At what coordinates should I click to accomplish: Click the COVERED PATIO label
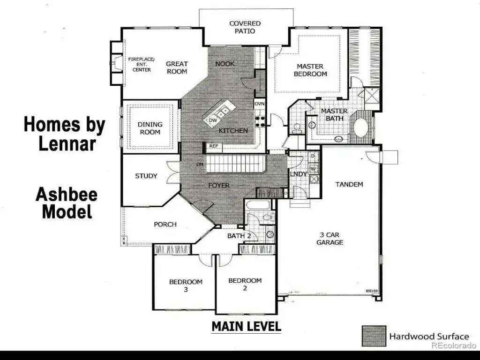point(245,27)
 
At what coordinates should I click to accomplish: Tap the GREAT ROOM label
point(177,67)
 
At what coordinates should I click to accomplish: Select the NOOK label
point(225,64)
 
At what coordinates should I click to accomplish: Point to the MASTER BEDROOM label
point(310,70)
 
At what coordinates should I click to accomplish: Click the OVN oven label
point(259,104)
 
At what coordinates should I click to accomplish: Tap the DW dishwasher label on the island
point(213,120)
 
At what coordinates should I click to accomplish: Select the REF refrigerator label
point(214,146)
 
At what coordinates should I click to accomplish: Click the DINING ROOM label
point(150,128)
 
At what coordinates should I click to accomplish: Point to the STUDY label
point(146,176)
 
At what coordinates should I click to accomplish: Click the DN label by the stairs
point(200,165)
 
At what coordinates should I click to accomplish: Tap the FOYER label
point(219,186)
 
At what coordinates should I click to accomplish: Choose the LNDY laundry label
point(298,174)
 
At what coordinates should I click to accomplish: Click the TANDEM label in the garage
point(349,184)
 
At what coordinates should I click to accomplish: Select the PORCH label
point(165,225)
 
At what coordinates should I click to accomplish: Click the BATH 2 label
point(239,236)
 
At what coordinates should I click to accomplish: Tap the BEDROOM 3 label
point(186,285)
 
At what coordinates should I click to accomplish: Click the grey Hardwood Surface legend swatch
point(374,336)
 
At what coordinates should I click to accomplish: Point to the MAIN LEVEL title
point(247,326)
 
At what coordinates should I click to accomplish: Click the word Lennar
point(67,144)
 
